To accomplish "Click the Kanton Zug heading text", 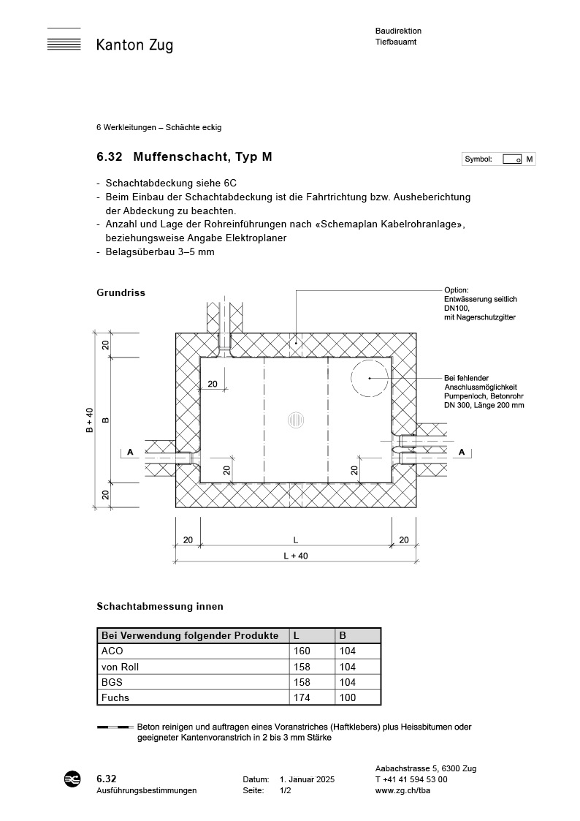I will [134, 45].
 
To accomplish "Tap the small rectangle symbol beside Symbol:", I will [512, 159].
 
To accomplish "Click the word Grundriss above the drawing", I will [121, 292].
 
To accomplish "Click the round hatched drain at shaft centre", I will [295, 420].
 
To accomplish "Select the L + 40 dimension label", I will [295, 556].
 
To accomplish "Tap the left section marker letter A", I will [130, 453].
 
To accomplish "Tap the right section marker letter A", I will [461, 453].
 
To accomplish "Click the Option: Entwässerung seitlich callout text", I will [481, 303].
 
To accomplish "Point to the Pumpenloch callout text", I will [484, 391].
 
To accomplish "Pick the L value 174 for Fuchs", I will [302, 697].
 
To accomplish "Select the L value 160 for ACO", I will [302, 651].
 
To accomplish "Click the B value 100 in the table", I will [348, 697].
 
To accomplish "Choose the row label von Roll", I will [120, 667].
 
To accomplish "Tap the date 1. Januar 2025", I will [307, 780].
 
